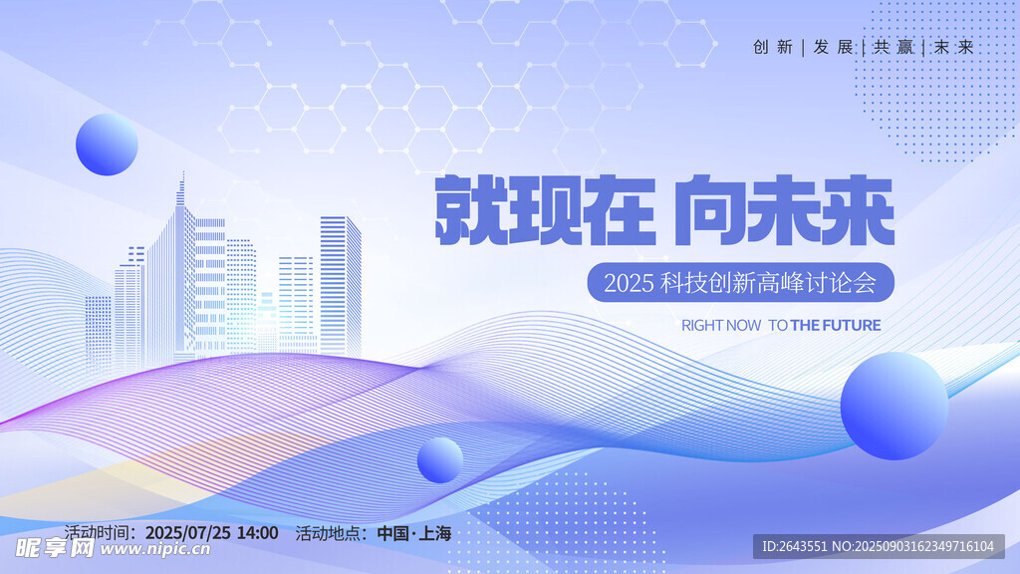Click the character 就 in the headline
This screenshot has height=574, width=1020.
point(471,209)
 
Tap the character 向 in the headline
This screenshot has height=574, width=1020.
point(710,209)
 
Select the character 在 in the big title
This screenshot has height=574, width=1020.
point(619,209)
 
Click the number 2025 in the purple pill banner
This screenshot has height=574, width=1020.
point(628,283)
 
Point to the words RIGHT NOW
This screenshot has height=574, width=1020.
point(721,326)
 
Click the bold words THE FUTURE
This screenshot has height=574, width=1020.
point(836,326)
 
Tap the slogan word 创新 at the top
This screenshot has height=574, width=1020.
point(773,47)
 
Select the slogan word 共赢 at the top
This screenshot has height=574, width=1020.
point(893,47)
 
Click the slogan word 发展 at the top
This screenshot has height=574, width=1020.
point(834,47)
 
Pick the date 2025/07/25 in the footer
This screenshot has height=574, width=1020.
point(188,533)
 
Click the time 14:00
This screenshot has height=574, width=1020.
point(257,533)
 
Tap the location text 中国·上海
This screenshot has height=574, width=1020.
point(414,534)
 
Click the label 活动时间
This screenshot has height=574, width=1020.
point(97,533)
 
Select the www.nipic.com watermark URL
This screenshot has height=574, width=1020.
point(155,549)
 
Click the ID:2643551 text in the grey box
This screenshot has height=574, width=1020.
point(795,547)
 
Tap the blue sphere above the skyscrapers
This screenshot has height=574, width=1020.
point(107,144)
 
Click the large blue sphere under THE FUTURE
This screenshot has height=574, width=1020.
point(894,407)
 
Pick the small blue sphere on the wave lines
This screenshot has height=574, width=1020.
point(439,460)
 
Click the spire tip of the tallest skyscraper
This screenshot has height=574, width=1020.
point(183,172)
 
